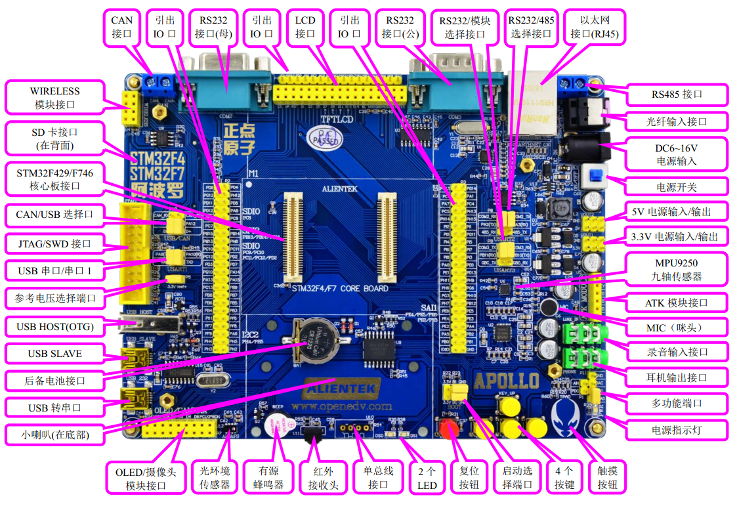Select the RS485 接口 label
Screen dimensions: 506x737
[x=677, y=95]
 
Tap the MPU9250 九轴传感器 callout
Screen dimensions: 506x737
[x=677, y=269]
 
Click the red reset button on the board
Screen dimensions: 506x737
[x=450, y=429]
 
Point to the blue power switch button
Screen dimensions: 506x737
[x=596, y=177]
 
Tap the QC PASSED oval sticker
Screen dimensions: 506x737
[x=324, y=138]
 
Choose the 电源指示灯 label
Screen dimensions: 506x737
[x=677, y=430]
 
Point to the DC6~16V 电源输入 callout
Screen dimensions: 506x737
[x=677, y=154]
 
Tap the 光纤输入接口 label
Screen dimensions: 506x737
[x=677, y=121]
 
